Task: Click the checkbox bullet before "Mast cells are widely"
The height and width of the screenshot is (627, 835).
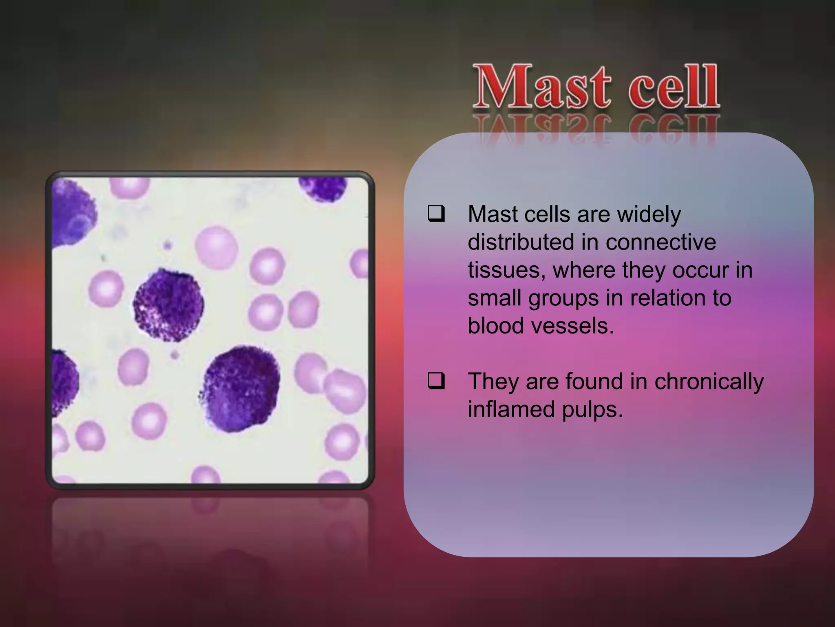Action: pos(435,213)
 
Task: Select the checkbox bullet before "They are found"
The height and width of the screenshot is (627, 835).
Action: pos(435,381)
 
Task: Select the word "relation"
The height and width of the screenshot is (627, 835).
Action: pos(669,298)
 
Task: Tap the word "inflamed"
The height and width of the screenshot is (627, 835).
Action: pos(511,409)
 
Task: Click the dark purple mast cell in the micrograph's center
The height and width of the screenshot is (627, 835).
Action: pos(168,304)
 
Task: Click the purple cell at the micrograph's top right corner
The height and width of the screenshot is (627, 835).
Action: pos(323,188)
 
